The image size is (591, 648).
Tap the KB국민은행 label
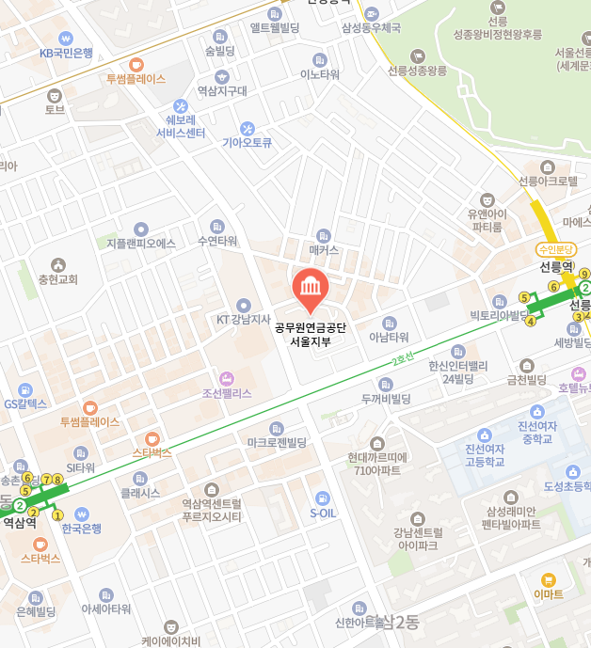click(66, 53)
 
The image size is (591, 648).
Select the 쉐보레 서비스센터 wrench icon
click(181, 107)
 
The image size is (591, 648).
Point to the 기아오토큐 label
click(247, 143)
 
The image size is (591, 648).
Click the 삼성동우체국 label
click(371, 28)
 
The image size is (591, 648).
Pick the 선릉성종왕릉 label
click(417, 70)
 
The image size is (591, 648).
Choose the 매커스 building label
click(324, 250)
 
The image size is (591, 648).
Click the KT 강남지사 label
click(244, 319)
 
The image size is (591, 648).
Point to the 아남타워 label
click(389, 336)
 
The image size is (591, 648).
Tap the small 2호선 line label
click(404, 358)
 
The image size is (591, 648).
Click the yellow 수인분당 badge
click(555, 249)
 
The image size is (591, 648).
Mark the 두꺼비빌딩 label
click(386, 399)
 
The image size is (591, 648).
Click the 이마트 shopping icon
click(548, 580)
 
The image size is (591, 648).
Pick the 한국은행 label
click(81, 529)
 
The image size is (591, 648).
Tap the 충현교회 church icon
click(58, 264)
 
